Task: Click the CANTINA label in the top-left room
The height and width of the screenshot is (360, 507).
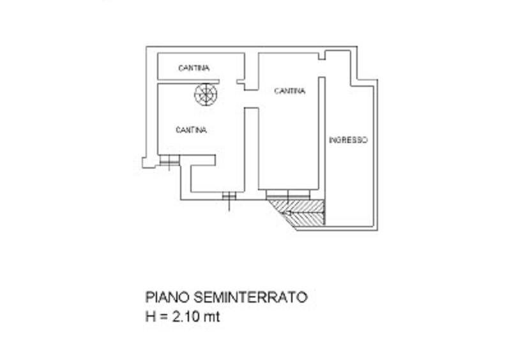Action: click(x=193, y=68)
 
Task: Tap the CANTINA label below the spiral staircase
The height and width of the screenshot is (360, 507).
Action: click(x=191, y=130)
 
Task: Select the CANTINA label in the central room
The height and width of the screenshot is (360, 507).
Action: click(x=289, y=91)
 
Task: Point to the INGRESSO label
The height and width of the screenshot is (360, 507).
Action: click(x=348, y=140)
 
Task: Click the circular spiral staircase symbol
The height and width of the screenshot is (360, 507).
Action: click(x=206, y=94)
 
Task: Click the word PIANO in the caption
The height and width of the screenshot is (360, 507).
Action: click(x=167, y=297)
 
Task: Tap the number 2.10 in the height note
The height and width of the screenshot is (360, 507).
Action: click(x=186, y=317)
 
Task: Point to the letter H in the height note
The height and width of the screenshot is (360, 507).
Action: click(x=151, y=317)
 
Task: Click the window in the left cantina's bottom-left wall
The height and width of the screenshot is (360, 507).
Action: click(x=169, y=160)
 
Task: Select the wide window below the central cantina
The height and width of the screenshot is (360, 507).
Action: click(x=288, y=195)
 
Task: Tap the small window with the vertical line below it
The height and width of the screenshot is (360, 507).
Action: click(x=229, y=196)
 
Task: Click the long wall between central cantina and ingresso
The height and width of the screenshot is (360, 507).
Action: click(x=322, y=133)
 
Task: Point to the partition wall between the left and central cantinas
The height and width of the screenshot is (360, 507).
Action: click(x=251, y=150)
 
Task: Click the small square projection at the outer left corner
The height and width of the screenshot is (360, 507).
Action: click(x=146, y=163)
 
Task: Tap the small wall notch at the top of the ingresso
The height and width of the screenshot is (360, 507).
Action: click(x=322, y=56)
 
